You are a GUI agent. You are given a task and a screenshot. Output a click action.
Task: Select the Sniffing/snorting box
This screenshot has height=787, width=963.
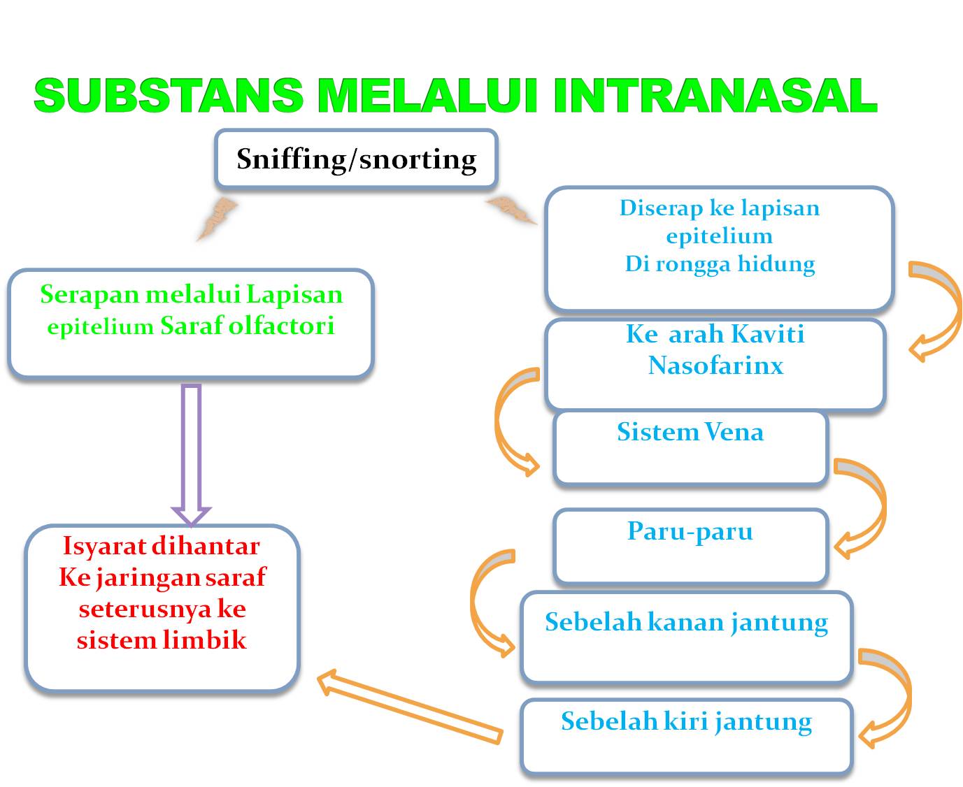click(356, 159)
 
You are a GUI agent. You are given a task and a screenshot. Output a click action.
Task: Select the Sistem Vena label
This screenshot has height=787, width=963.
click(690, 432)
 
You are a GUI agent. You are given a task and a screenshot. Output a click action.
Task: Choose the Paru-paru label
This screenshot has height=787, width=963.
click(690, 531)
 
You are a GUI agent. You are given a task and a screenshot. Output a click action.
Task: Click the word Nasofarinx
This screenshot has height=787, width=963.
click(715, 366)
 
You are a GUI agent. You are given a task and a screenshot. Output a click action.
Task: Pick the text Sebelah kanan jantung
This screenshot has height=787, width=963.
click(686, 622)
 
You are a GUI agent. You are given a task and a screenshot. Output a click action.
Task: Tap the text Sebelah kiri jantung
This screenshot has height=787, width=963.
click(686, 721)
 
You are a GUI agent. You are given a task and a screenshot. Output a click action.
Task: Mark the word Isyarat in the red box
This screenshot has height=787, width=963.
click(103, 546)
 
